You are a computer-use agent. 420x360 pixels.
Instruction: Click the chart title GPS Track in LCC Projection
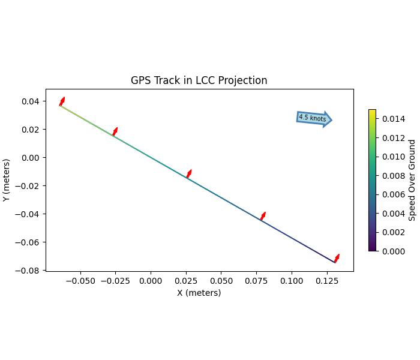[199, 80]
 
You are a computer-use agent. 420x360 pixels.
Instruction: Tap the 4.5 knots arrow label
[313, 118]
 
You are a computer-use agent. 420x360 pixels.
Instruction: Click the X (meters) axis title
[199, 293]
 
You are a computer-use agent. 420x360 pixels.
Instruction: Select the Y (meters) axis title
[7, 180]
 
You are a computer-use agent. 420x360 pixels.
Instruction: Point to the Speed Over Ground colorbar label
[412, 180]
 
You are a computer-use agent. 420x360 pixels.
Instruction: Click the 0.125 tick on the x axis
[326, 280]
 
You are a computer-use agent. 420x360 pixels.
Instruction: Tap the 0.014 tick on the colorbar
[392, 119]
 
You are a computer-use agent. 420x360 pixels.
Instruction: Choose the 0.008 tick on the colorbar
[392, 176]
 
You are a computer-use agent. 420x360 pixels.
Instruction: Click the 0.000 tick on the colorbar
[392, 251]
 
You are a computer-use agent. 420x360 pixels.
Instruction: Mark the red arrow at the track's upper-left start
[62, 101]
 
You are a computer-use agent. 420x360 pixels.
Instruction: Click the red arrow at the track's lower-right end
[337, 259]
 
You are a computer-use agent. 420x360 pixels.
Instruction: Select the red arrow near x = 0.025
[188, 174]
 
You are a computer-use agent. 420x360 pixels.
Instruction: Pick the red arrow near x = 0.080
[263, 216]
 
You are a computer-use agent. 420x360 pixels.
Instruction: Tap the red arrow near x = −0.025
[115, 131]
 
